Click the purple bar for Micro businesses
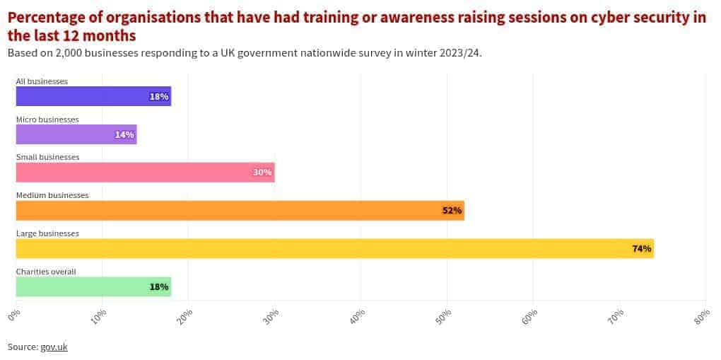click(x=76, y=134)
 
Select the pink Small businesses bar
click(x=145, y=173)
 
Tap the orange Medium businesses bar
click(x=240, y=211)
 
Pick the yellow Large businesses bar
click(x=334, y=248)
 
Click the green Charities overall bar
click(x=93, y=286)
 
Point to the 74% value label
click(x=641, y=248)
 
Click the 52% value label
click(x=452, y=211)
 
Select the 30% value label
click(x=263, y=173)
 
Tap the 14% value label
click(x=124, y=134)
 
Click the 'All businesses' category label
click(x=42, y=81)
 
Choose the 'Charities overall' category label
click(x=46, y=272)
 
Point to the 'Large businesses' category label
click(x=47, y=233)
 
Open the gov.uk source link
click(x=54, y=347)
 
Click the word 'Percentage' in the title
click(x=49, y=18)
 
